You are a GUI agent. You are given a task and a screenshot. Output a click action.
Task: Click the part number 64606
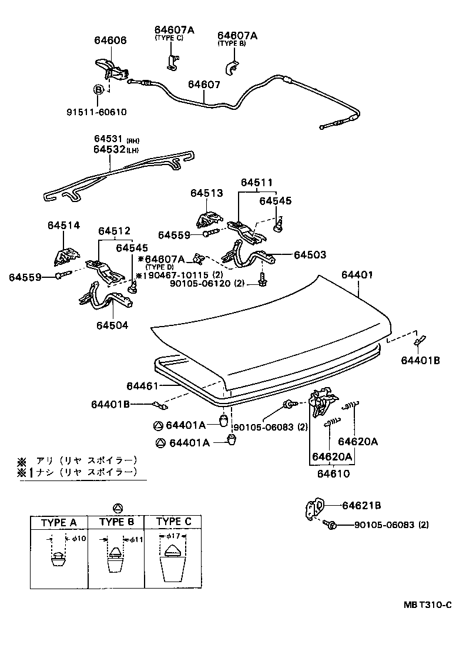[x=110, y=40]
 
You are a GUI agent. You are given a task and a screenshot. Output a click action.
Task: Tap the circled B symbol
[x=99, y=89]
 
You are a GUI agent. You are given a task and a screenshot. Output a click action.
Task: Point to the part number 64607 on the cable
[x=204, y=85]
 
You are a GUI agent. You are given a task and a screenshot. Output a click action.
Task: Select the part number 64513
[x=206, y=193]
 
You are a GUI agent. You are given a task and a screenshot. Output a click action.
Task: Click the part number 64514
[x=64, y=224]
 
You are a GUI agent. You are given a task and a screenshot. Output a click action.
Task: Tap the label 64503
[x=310, y=255]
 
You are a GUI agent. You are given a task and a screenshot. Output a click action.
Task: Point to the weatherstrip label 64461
[x=142, y=385]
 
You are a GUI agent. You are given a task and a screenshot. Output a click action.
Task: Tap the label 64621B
[x=362, y=505]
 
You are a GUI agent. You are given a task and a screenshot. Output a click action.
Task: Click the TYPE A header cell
[x=59, y=522]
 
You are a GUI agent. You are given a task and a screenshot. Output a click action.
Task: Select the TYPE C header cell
[x=174, y=522]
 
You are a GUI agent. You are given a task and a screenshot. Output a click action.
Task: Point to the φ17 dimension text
[x=173, y=536]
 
